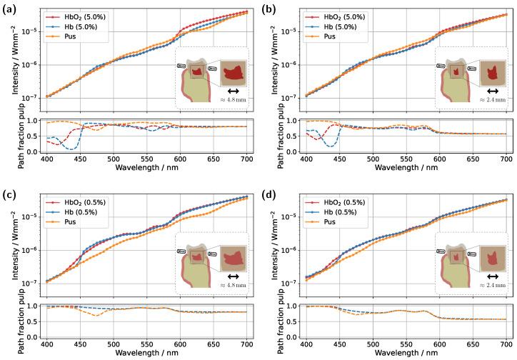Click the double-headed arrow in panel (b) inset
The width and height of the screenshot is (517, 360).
point(492,91)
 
